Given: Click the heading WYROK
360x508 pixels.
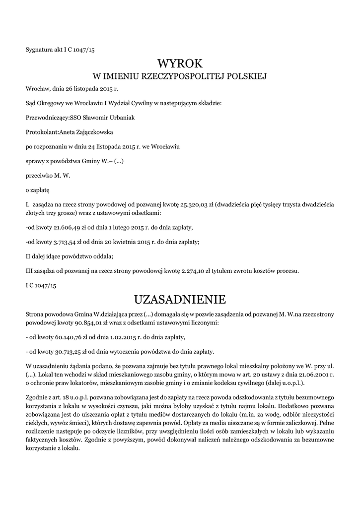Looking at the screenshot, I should point(180,63).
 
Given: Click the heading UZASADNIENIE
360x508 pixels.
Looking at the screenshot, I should point(180,300).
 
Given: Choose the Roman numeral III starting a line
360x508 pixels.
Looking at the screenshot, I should point(29,271).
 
